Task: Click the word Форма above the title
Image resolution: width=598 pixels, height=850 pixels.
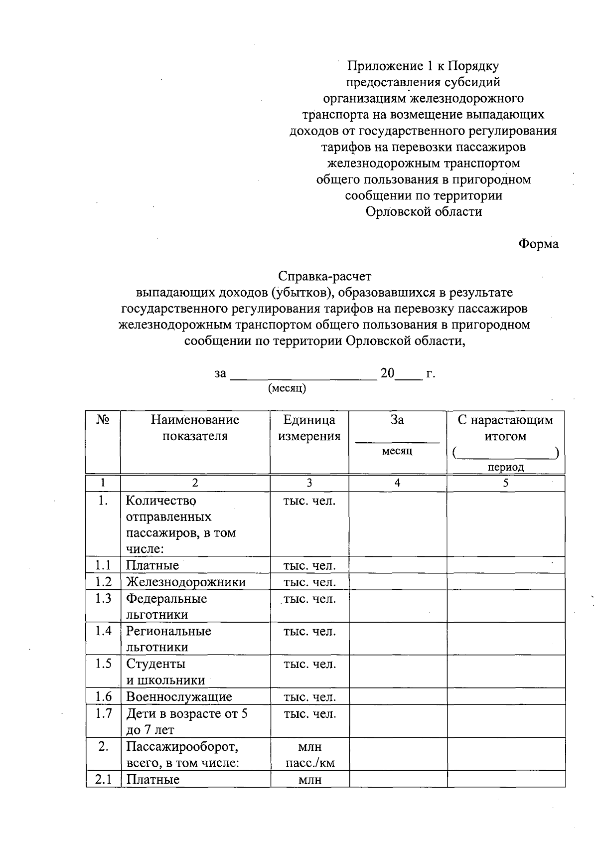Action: pyautogui.click(x=538, y=244)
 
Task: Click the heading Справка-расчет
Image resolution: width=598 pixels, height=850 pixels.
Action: pyautogui.click(x=325, y=276)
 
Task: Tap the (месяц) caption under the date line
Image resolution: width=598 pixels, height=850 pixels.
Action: pyautogui.click(x=287, y=388)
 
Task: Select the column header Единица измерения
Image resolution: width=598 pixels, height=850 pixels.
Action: pyautogui.click(x=309, y=428)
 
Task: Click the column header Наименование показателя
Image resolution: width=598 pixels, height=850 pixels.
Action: pyautogui.click(x=195, y=428)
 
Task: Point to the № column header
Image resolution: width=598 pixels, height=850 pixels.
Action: pyautogui.click(x=103, y=420)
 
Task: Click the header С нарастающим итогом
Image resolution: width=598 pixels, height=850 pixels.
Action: pyautogui.click(x=505, y=428)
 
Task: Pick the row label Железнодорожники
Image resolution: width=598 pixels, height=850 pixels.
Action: pyautogui.click(x=186, y=582)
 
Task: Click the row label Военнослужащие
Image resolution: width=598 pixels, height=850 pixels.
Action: pyautogui.click(x=179, y=697)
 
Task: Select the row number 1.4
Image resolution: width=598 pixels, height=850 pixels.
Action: pyautogui.click(x=103, y=631)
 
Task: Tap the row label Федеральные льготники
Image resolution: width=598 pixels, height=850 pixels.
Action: pyautogui.click(x=166, y=606)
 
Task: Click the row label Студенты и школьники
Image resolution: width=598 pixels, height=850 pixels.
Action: pyautogui.click(x=165, y=672)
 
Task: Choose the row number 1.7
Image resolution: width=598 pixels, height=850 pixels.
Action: pyautogui.click(x=103, y=713)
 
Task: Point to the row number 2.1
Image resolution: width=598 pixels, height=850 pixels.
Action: pyautogui.click(x=103, y=779)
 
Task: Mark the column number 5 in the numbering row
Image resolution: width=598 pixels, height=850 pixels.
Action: pyautogui.click(x=506, y=483)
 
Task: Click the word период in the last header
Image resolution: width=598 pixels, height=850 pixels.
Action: pyautogui.click(x=506, y=467)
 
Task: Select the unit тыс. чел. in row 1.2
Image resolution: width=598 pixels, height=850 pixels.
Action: pyautogui.click(x=309, y=582)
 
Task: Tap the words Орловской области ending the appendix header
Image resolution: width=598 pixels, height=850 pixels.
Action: pyautogui.click(x=424, y=212)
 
